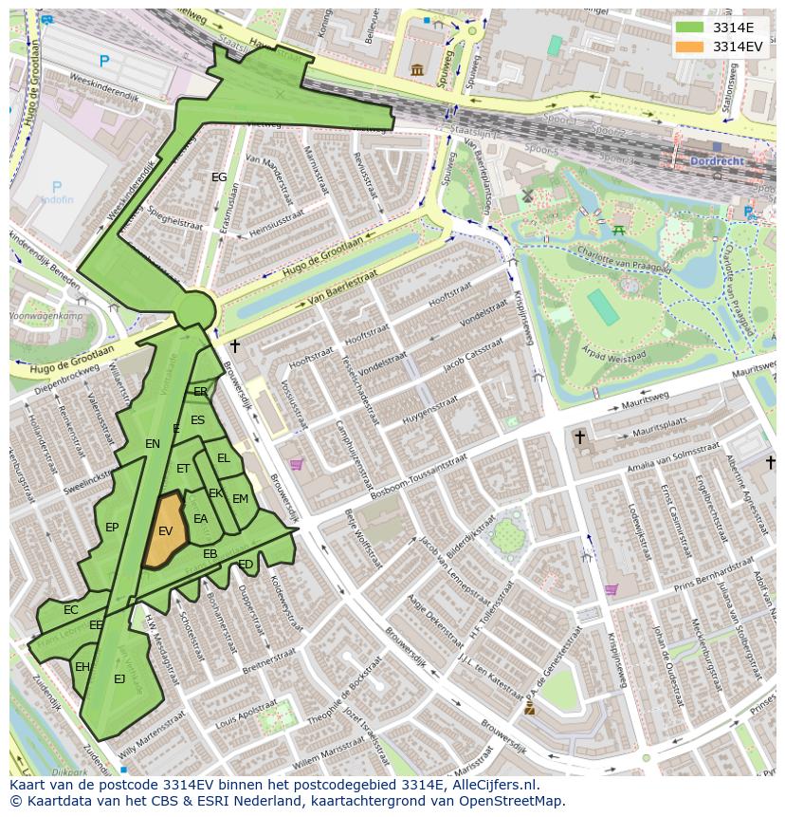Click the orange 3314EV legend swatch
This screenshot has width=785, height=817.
tap(690, 46)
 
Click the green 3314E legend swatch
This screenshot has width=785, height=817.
tap(690, 27)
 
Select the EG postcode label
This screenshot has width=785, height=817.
tap(219, 177)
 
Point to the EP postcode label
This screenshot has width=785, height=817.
tap(112, 528)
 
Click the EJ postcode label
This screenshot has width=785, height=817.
tap(119, 678)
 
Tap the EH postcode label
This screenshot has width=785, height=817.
tap(82, 667)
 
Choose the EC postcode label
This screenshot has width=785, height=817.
tap(71, 610)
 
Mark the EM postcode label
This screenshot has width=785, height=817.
tap(240, 499)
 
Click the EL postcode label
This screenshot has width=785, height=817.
tap(224, 458)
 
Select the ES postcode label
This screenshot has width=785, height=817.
tap(197, 420)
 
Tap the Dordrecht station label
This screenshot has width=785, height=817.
tap(718, 160)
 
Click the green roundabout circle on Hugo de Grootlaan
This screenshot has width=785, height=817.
tap(195, 309)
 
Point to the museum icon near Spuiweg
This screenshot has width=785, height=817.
tap(417, 69)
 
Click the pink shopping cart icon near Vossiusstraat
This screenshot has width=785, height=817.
tap(297, 464)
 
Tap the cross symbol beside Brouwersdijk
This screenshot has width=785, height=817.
tap(235, 346)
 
